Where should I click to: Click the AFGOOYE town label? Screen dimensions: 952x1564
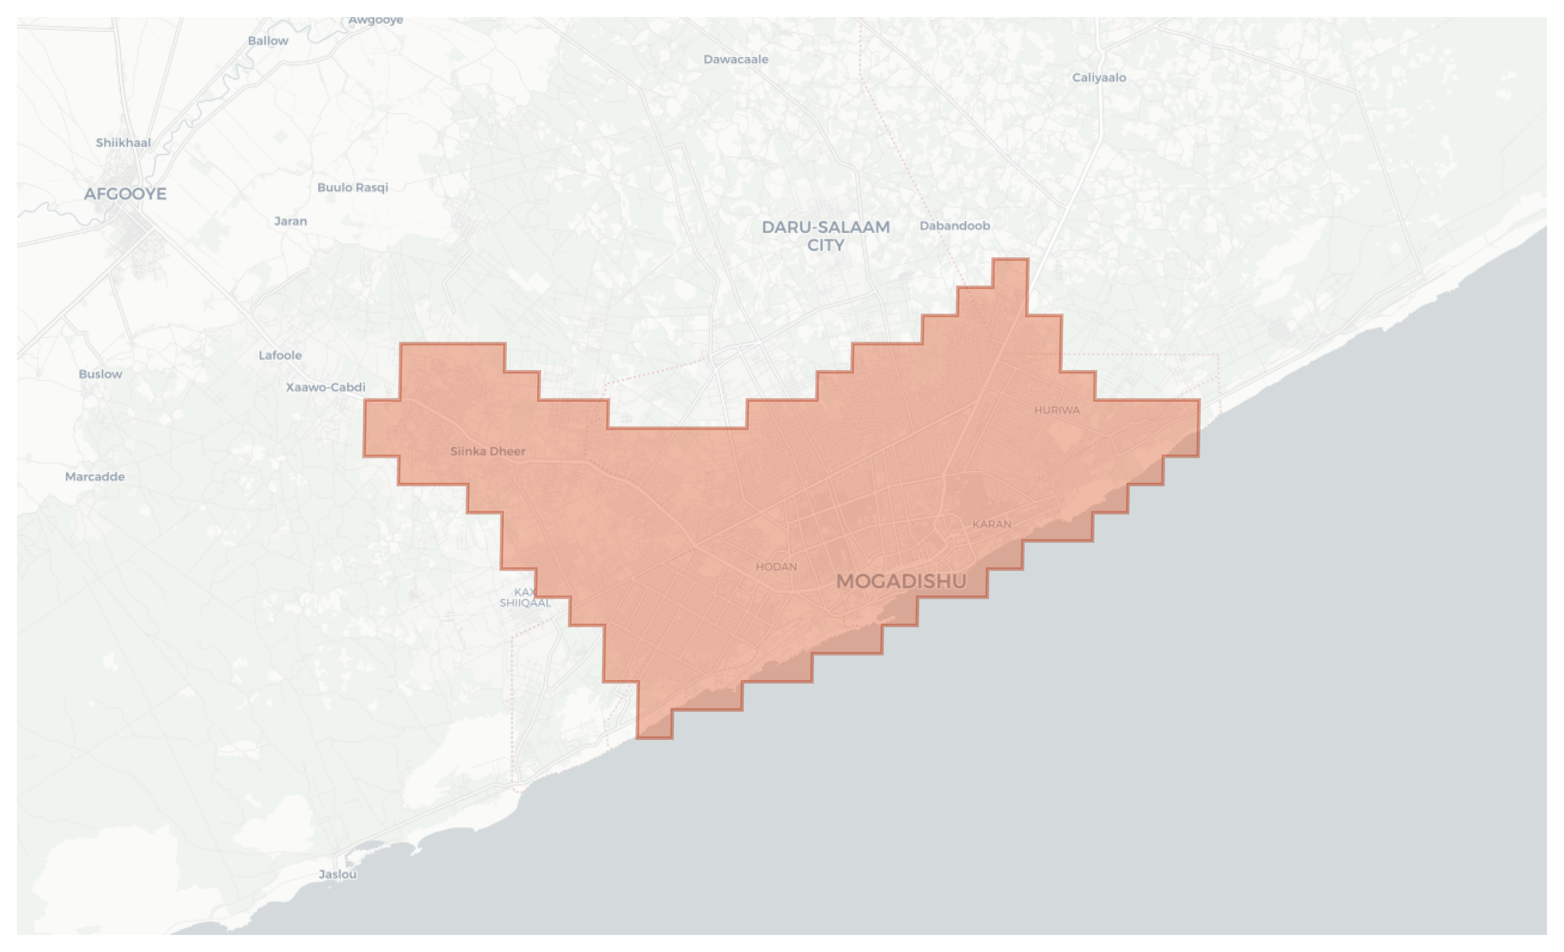tap(125, 194)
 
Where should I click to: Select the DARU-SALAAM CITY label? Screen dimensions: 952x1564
tap(825, 236)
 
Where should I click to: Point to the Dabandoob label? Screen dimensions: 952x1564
tap(954, 226)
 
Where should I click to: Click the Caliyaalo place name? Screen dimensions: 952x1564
tap(1099, 78)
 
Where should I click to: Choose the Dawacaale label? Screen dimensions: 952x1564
tap(736, 59)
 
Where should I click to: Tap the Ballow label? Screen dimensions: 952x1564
tap(268, 41)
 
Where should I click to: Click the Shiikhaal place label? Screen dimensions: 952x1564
tap(123, 142)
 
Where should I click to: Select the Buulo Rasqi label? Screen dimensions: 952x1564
tap(352, 187)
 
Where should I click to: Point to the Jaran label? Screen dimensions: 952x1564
tap(290, 221)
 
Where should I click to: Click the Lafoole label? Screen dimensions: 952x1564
tap(280, 355)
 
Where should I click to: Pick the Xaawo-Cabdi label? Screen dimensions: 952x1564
tap(325, 386)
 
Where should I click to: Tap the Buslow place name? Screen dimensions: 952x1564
tap(100, 374)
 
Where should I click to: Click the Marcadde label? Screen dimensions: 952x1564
tap(95, 476)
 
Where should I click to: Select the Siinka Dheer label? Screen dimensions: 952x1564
tap(487, 451)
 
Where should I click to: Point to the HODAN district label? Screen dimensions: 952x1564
tap(776, 566)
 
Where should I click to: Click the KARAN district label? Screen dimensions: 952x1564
tap(992, 524)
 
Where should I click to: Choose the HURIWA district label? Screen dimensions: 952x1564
tap(1057, 410)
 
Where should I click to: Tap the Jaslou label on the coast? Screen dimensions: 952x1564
tap(337, 874)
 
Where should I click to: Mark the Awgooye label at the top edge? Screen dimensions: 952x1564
tap(376, 21)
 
